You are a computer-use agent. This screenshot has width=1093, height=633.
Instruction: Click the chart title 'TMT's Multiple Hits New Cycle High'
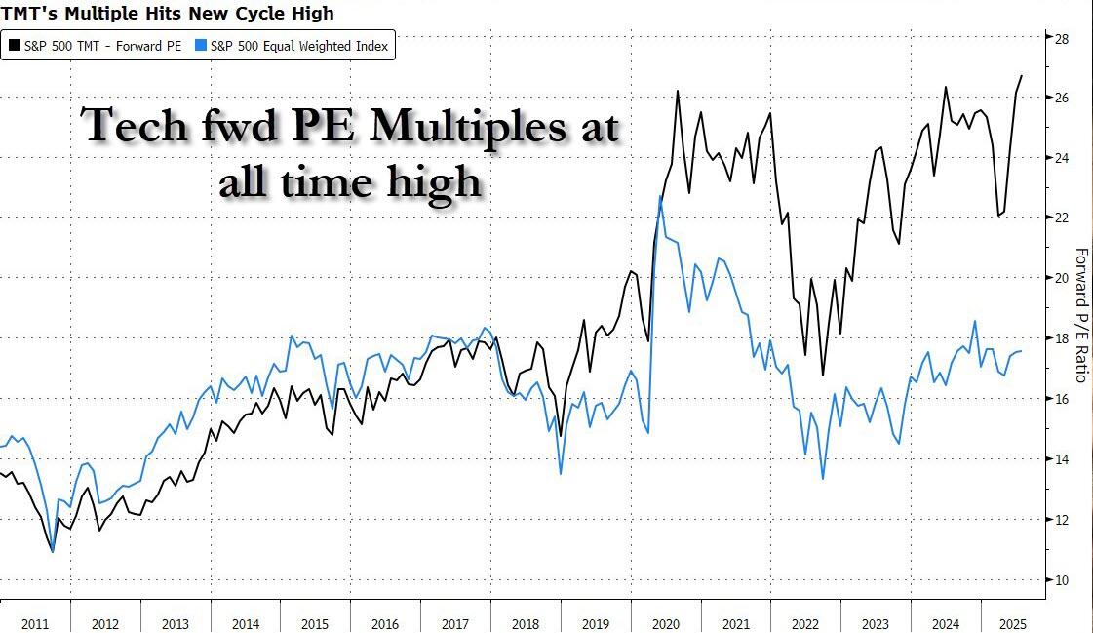(167, 13)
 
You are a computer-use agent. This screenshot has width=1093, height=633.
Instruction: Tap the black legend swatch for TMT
(14, 46)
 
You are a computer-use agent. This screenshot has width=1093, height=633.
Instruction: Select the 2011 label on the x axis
(35, 622)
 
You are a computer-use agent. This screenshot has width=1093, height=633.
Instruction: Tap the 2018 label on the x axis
(526, 622)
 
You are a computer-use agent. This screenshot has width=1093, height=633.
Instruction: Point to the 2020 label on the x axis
(666, 622)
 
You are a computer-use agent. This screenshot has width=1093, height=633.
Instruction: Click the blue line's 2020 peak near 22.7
(661, 197)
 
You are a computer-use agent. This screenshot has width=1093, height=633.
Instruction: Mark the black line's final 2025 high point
(1021, 76)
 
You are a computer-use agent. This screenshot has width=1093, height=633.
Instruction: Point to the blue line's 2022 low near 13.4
(823, 478)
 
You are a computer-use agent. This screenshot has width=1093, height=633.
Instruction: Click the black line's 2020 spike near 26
(677, 92)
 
